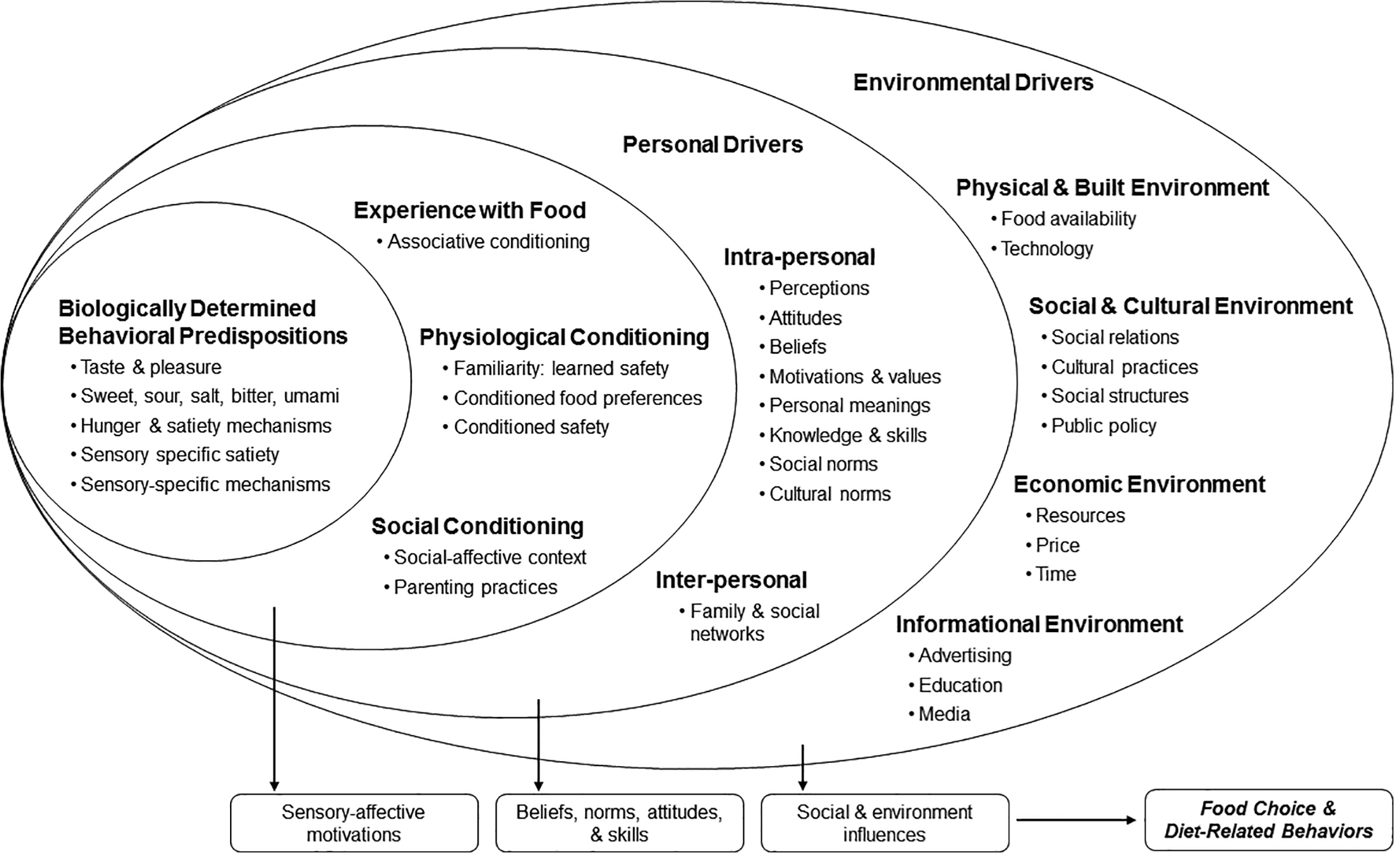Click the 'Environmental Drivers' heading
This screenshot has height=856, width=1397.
(973, 82)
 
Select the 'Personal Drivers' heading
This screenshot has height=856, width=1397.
(712, 145)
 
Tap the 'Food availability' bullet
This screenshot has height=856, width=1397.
(1064, 219)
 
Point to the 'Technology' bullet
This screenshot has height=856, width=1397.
(1042, 249)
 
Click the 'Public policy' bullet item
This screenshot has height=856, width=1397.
(1099, 426)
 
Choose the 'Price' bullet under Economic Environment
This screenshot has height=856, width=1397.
(1053, 545)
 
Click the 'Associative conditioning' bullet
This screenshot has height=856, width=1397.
(484, 242)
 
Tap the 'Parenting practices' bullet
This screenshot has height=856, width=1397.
(471, 587)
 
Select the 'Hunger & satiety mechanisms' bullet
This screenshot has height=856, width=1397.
(202, 426)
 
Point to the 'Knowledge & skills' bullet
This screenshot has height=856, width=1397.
(843, 435)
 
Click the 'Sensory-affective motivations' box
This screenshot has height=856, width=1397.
(354, 823)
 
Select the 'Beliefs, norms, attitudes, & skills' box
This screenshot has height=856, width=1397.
(619, 823)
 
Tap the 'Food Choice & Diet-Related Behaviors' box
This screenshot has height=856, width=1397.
(1269, 820)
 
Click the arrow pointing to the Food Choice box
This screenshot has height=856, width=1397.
(1076, 820)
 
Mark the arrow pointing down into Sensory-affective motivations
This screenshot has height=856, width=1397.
(274, 700)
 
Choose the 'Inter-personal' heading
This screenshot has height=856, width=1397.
(732, 581)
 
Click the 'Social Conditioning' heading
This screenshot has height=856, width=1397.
(477, 527)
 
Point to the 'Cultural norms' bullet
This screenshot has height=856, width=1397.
(825, 494)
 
